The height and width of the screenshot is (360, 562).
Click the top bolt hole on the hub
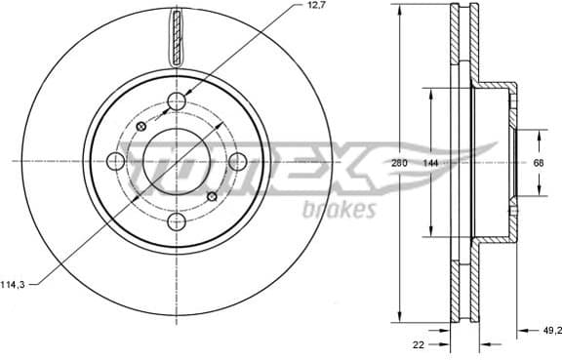[x=177, y=101]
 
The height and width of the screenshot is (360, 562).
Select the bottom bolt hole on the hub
[x=177, y=221]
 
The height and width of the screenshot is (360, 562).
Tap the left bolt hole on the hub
[x=115, y=161]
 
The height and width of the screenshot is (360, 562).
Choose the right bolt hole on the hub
[x=237, y=161]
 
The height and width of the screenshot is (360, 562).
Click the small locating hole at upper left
[x=141, y=127]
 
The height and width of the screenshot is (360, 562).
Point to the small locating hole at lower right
[x=212, y=197]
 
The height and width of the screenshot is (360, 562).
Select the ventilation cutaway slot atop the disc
[x=176, y=37]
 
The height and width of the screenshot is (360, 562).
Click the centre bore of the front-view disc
[x=177, y=161]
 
